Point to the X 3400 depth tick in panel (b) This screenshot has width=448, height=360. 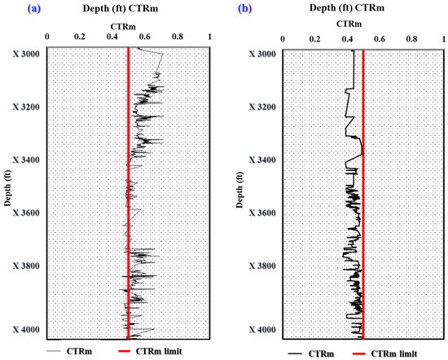[259, 160]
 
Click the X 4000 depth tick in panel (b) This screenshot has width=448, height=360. [259, 330]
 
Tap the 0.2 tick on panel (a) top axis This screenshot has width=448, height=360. [79, 37]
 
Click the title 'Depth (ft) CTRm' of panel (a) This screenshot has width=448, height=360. [115, 9]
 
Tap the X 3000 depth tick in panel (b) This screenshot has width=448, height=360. [259, 54]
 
